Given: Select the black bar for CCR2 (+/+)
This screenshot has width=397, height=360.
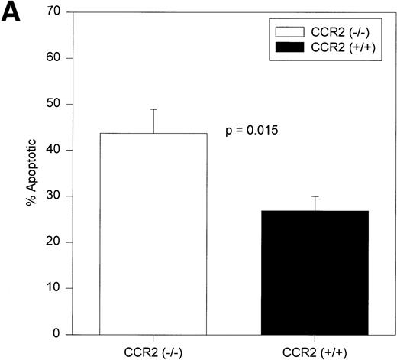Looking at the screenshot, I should pos(304,272).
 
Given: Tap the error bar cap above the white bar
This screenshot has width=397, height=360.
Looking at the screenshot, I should pos(155,109).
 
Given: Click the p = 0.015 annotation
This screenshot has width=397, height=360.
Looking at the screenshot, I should pos(253,131).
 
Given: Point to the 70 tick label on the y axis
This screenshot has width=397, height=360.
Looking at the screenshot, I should pos(56,13).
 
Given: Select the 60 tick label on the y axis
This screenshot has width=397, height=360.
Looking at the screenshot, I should pos(56,59).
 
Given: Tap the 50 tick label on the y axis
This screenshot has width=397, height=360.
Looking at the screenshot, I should pos(56,105).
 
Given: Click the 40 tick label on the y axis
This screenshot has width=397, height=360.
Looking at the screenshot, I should pos(56,151).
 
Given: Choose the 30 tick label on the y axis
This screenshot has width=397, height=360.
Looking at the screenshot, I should pos(56,196).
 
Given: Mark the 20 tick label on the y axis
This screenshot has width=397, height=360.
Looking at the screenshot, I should pos(56,242).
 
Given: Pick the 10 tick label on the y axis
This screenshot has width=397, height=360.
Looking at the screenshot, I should pos(56,288).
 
